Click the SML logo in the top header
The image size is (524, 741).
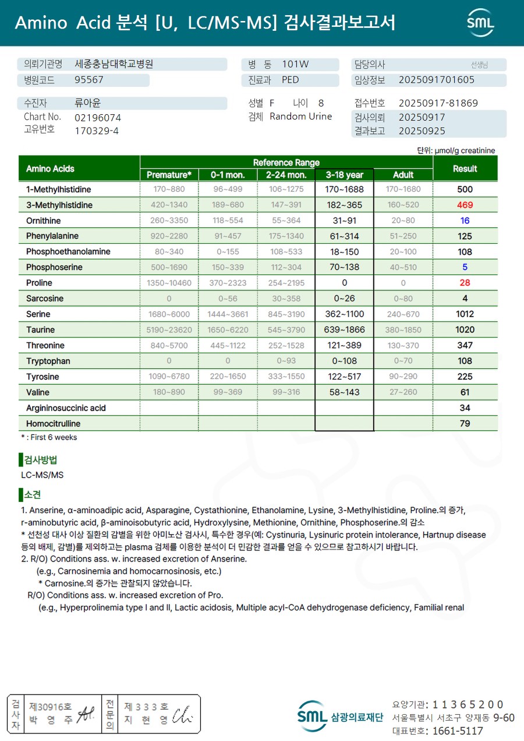(x=480, y=23)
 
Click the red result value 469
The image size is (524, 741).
(x=465, y=205)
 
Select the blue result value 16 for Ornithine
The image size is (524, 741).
(x=465, y=221)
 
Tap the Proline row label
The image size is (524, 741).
(x=39, y=283)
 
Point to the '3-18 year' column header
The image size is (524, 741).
(x=344, y=175)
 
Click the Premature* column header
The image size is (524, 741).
(x=169, y=175)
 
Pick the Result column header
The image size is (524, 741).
(x=465, y=168)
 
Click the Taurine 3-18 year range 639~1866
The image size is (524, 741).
(x=344, y=330)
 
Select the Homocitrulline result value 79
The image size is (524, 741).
(x=465, y=423)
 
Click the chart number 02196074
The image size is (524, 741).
(x=98, y=117)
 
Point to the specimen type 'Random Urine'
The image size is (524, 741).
(x=300, y=117)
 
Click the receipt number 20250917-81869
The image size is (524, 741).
(x=438, y=103)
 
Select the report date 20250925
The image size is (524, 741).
(x=422, y=131)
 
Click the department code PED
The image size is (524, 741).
(x=290, y=80)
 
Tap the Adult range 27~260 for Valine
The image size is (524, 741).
(x=403, y=392)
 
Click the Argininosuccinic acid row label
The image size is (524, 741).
(x=66, y=408)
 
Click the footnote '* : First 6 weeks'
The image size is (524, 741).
(x=49, y=437)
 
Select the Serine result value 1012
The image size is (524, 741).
(x=465, y=314)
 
